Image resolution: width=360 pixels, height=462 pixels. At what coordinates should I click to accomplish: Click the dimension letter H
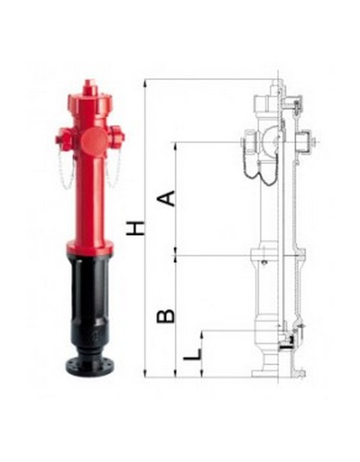(136, 228)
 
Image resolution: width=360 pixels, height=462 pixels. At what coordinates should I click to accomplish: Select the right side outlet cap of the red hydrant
(118, 136)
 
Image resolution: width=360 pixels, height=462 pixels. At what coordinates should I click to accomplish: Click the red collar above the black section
(90, 248)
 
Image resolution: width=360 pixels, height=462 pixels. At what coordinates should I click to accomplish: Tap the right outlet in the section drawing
(306, 141)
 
